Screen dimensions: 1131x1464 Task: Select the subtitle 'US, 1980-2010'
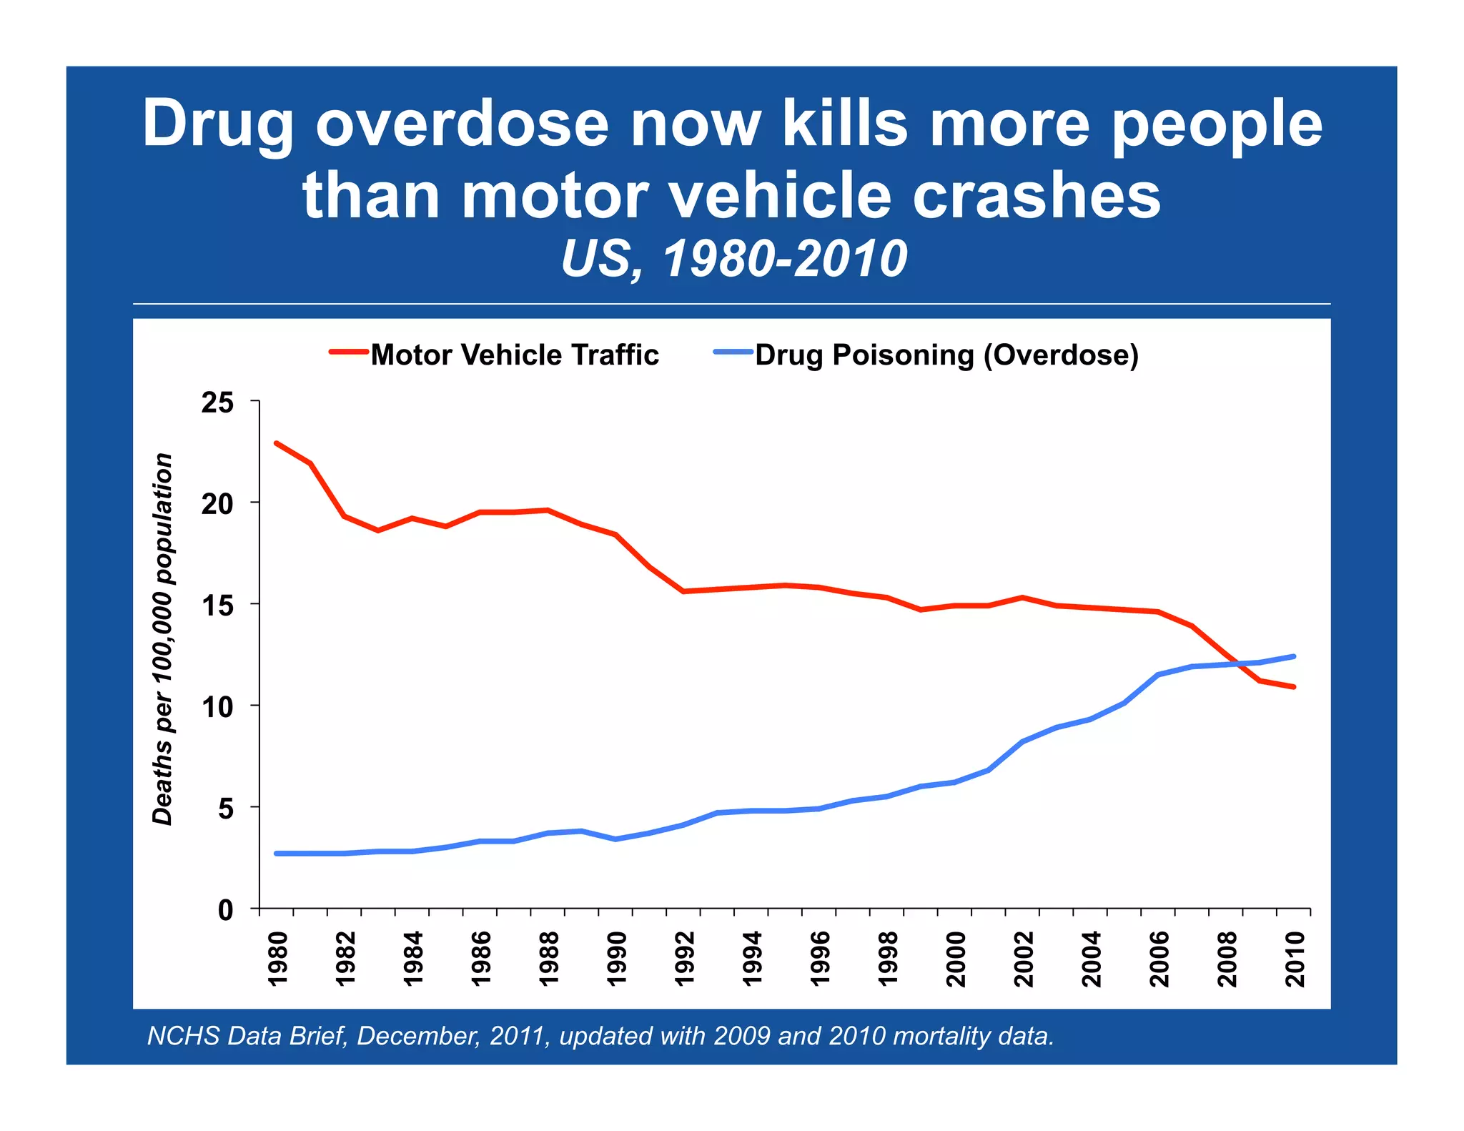click(733, 259)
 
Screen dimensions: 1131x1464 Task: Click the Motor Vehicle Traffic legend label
click(514, 355)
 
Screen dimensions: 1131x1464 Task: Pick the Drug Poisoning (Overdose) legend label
click(946, 355)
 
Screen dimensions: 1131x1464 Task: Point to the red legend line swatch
click(349, 352)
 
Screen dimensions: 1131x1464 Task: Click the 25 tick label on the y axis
click(217, 403)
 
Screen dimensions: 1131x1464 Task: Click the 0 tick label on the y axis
click(226, 911)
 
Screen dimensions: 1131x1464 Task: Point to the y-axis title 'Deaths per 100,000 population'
click(163, 639)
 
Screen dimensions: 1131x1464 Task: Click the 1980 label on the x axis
click(277, 959)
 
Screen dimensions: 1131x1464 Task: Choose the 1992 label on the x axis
click(685, 959)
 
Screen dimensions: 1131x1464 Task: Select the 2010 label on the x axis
click(1295, 959)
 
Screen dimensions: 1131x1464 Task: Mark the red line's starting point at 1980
click(277, 443)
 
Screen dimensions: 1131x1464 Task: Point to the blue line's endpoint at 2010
click(1294, 656)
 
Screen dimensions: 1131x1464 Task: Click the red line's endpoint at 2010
click(1294, 687)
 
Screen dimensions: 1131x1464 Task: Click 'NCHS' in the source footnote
click(184, 1036)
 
